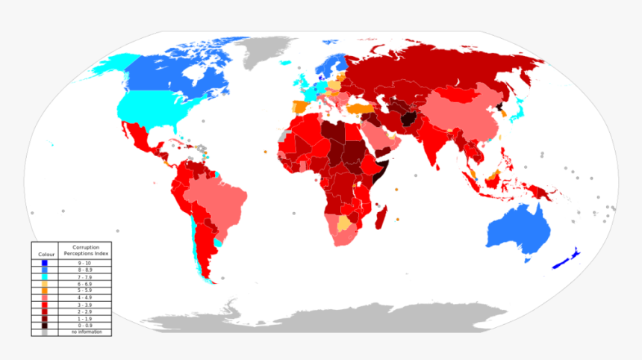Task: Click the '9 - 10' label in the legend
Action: click(x=85, y=263)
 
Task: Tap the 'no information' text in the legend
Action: click(x=85, y=332)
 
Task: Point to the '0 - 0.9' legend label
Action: click(x=85, y=325)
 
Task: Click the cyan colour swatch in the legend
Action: click(x=45, y=276)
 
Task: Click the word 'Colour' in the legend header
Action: click(x=45, y=255)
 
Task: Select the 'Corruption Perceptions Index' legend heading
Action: click(x=85, y=250)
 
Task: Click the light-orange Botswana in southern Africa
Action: click(x=344, y=222)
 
